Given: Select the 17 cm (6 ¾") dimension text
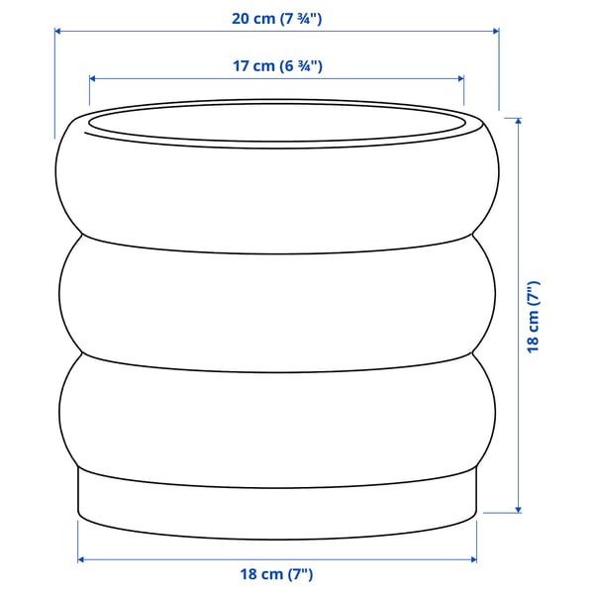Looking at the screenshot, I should point(276,66).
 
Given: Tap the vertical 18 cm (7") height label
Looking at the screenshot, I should point(534,316).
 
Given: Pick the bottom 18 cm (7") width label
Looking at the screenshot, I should point(276,574).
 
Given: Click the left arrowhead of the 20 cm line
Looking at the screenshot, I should point(57,31).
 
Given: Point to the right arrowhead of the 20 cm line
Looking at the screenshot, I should point(495,31).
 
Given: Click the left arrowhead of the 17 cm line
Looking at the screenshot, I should point(93,77).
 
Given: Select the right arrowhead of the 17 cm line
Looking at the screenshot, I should point(460,77).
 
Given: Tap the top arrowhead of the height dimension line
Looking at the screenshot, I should point(517,121).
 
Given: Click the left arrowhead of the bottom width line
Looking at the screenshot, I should point(81,559).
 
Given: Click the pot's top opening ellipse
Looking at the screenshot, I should point(276,125).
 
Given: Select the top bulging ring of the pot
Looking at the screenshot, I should point(276,188).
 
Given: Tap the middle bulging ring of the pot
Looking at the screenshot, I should point(276,297).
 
